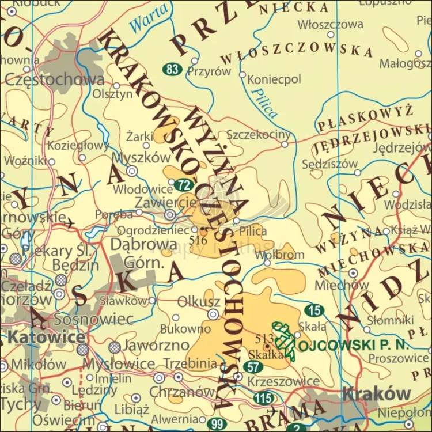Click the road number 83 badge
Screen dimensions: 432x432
pyautogui.click(x=172, y=70)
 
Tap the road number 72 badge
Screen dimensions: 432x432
pyautogui.click(x=183, y=185)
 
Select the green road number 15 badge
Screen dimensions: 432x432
pyautogui.click(x=314, y=311)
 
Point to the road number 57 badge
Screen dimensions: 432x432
pyautogui.click(x=253, y=366)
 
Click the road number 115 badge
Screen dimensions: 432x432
pyautogui.click(x=264, y=397)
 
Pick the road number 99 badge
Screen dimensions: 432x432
pyautogui.click(x=217, y=424)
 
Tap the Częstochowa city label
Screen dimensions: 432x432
pyautogui.click(x=55, y=79)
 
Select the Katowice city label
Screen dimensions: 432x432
pyautogui.click(x=47, y=337)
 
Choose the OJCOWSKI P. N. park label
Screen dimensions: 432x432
pyautogui.click(x=360, y=345)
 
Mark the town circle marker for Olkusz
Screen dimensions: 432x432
pyautogui.click(x=213, y=314)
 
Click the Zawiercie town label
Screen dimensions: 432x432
pyautogui.click(x=165, y=203)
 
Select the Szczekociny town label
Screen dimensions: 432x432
pyautogui.click(x=259, y=135)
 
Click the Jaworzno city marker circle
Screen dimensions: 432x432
pyautogui.click(x=115, y=346)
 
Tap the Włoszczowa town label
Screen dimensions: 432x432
pyautogui.click(x=330, y=24)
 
